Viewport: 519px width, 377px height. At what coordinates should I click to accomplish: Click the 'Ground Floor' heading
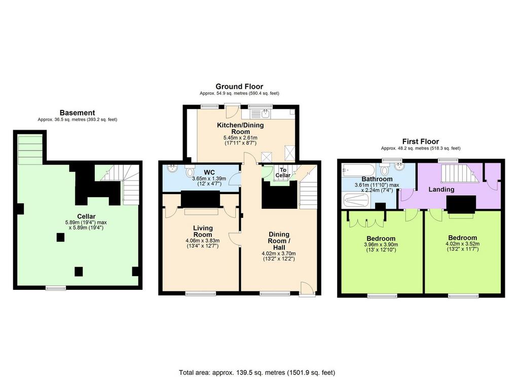239,87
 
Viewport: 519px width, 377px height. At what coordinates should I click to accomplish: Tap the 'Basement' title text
77,112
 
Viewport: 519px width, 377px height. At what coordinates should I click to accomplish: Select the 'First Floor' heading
420,141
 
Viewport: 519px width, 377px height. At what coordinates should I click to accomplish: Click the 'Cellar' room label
86,216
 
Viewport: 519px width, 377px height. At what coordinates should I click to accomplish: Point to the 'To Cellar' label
283,172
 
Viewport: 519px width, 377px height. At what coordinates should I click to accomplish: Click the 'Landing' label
441,190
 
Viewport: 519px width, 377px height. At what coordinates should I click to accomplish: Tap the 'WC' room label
209,172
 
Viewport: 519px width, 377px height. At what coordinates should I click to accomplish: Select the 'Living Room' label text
203,231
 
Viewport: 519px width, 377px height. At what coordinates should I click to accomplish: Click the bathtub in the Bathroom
359,170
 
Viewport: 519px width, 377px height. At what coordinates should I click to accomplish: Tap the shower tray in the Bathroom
356,201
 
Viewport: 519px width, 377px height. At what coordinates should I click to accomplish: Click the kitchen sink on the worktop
261,114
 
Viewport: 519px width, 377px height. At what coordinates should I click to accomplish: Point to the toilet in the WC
190,171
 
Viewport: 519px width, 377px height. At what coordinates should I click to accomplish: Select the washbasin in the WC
172,168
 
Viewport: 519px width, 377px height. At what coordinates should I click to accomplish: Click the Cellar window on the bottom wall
56,288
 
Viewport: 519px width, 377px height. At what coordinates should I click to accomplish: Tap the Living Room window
200,293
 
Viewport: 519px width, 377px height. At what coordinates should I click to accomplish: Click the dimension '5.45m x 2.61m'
240,138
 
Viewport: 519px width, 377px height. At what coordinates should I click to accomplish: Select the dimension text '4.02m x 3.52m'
462,244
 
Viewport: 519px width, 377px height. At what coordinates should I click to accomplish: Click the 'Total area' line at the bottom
257,373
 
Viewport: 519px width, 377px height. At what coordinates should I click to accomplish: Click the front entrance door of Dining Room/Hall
306,289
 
